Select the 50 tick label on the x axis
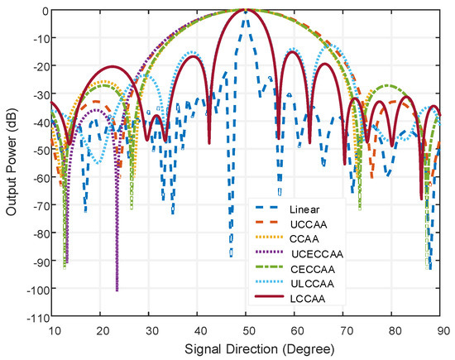tap(246, 329)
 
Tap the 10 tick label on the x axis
tap(53, 329)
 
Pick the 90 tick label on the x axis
tap(438, 329)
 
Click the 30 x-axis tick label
tap(149, 329)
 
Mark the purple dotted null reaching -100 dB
tap(117, 290)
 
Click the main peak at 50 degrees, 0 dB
tap(246, 11)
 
